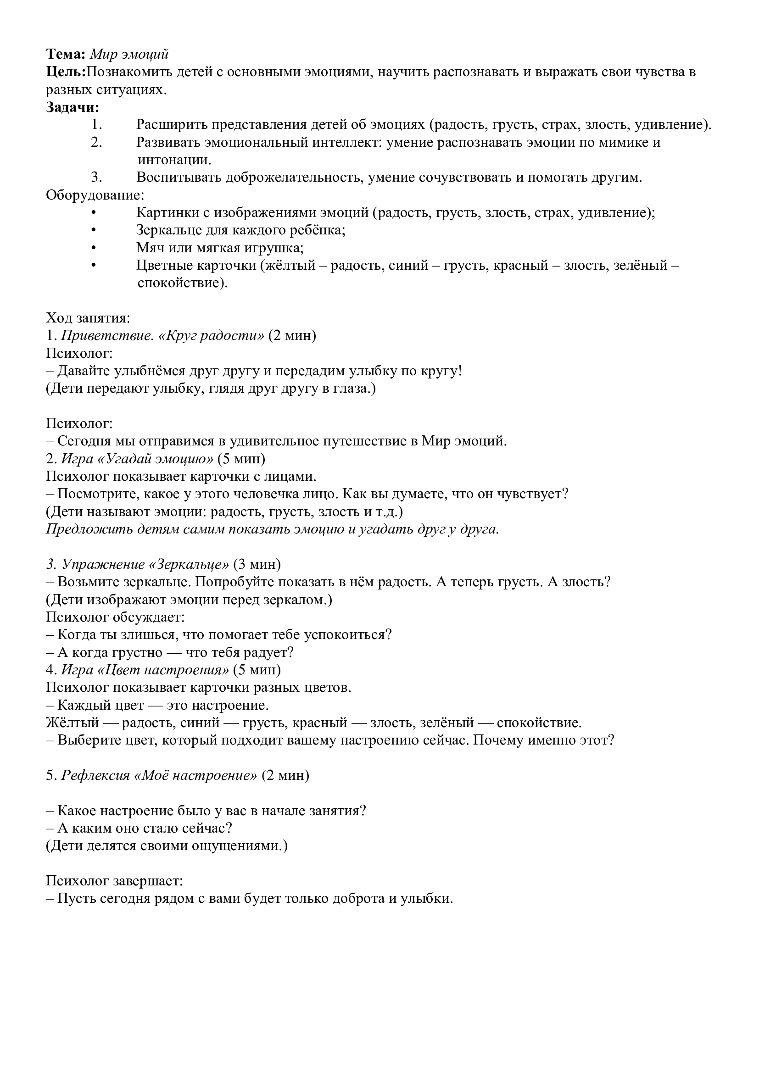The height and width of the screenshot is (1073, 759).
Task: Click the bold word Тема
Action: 65,54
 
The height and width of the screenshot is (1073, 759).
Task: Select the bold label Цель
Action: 65,72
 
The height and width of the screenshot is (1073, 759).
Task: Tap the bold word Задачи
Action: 73,107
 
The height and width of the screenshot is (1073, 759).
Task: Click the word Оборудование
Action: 95,195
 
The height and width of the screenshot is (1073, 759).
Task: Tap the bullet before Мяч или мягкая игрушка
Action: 94,248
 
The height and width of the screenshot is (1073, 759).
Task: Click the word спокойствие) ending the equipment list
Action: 182,283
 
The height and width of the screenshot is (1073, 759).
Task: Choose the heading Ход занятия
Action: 88,318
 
